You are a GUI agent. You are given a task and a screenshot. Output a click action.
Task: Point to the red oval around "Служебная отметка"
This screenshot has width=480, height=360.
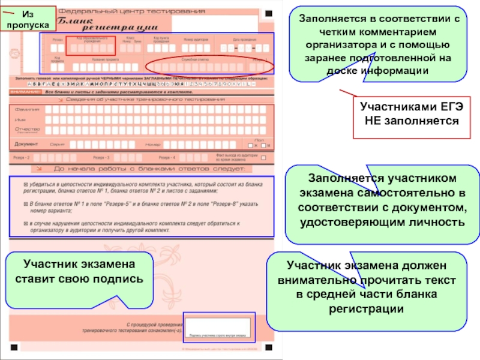coord(213,65)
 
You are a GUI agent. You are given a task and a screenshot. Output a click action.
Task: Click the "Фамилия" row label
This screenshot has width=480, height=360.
coord(28,110)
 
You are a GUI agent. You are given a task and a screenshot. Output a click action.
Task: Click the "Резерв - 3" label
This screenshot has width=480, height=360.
coord(100,157)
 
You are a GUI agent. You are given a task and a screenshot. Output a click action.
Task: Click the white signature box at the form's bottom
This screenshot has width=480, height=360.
coord(220,327)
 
